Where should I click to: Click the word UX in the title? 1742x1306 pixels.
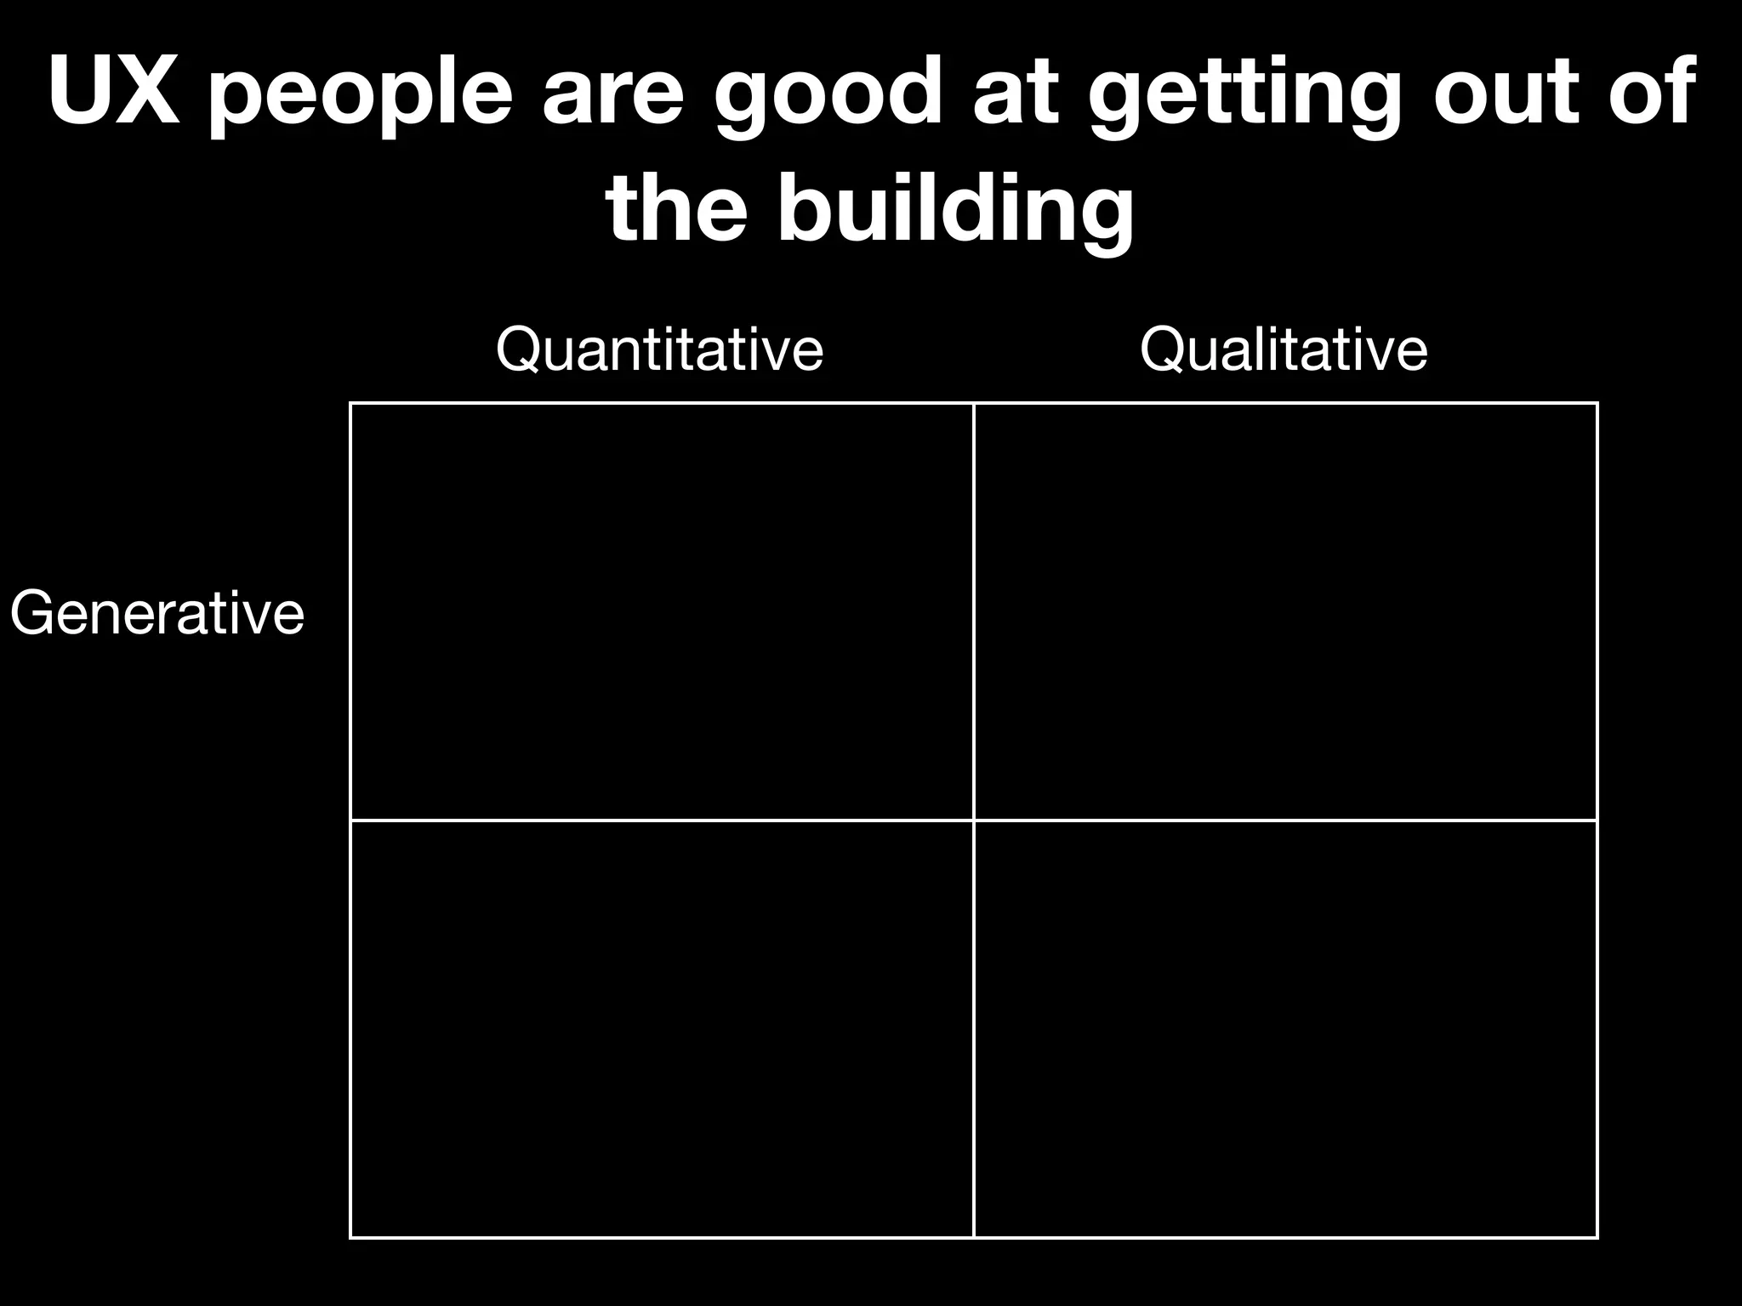tap(114, 92)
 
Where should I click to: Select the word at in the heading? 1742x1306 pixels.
tap(1017, 92)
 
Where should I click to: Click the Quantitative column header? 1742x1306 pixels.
tap(659, 349)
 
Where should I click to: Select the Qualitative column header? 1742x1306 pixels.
tap(1284, 349)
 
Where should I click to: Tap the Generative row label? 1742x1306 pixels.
tap(157, 613)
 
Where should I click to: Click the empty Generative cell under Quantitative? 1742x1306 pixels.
tap(662, 612)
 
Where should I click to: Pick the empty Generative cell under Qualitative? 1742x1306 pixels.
tap(1285, 612)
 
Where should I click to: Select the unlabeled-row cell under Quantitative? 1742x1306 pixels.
tap(662, 1029)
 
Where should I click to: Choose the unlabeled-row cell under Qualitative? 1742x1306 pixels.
tap(1285, 1029)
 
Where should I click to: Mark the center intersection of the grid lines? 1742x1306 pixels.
tap(974, 821)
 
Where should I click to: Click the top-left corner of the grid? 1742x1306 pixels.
tap(350, 404)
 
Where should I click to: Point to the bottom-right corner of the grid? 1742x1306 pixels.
tap(1597, 1237)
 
